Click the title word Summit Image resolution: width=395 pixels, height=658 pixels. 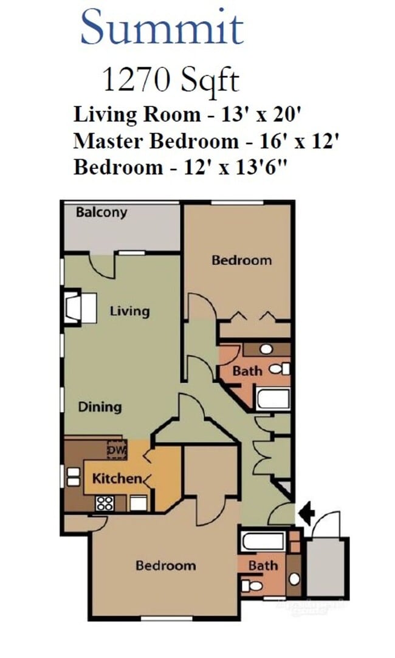pos(162,27)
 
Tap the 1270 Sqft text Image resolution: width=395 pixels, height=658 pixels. pos(170,80)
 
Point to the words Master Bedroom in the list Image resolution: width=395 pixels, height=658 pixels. pos(156,141)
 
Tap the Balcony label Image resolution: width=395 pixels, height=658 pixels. pos(101,213)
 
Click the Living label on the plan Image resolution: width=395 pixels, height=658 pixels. pos(129,311)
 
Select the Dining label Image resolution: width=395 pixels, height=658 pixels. pos(100,406)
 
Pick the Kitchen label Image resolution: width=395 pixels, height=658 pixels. pos(117,479)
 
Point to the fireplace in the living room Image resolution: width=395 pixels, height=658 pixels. pos(80,308)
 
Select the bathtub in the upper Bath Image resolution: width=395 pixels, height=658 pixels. pos(273,399)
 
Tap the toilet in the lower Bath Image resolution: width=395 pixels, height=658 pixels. pos(252,586)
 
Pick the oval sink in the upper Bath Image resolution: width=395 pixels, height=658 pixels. pos(266,349)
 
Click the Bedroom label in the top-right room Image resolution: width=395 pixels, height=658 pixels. pos(241,260)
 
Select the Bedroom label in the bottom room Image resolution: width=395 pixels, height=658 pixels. pos(165,566)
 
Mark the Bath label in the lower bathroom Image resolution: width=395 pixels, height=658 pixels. pos(263,566)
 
